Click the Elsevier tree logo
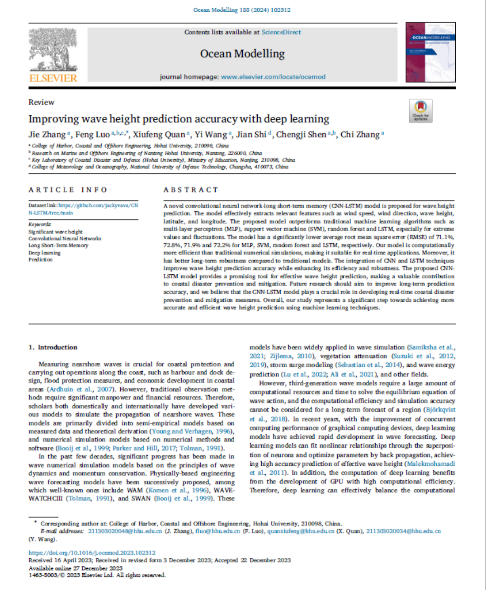53,49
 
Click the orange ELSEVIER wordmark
53,78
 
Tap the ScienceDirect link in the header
281,32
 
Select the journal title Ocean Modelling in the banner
242,54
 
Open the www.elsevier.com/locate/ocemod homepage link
273,77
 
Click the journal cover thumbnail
430,52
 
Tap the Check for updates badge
421,111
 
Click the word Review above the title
41,102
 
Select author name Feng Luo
92,135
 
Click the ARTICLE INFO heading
68,190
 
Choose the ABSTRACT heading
191,190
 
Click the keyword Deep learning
44,253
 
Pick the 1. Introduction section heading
53,347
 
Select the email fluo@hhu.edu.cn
217,531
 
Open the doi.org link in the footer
92,553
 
